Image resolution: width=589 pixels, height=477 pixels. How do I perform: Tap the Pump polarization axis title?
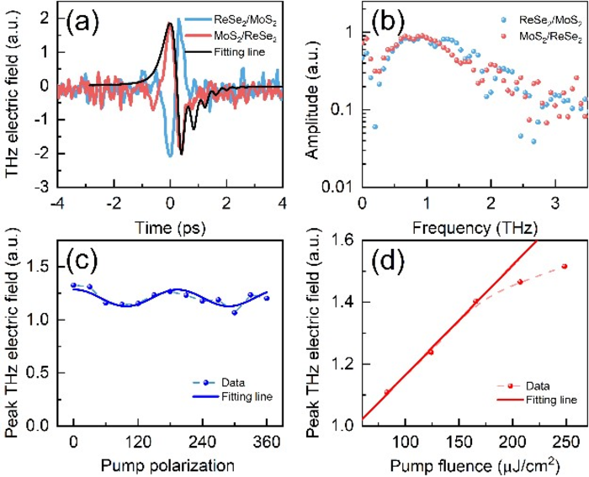point(171,464)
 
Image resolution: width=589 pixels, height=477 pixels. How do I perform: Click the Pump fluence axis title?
point(475,464)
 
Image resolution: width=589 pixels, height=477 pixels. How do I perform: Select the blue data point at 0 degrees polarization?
point(74,285)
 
